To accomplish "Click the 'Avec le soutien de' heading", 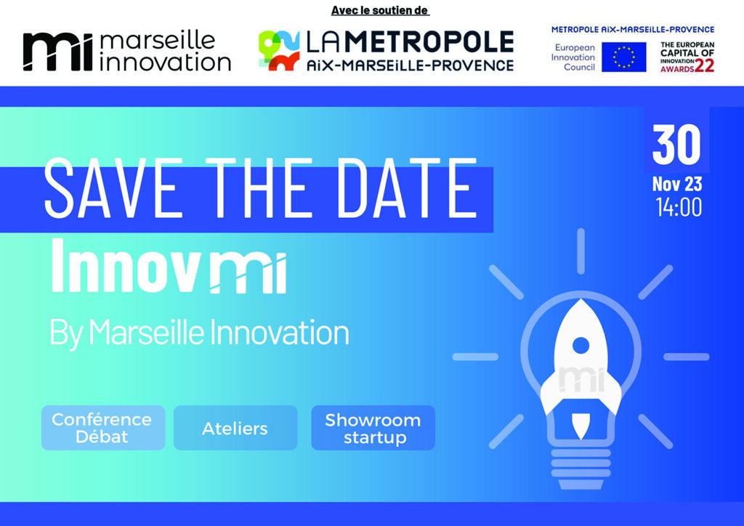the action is tap(380, 10).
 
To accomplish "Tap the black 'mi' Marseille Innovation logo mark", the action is tap(58, 52).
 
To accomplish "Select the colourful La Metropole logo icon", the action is tap(279, 50).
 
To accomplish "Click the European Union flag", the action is tap(623, 57).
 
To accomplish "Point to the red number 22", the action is tap(704, 66).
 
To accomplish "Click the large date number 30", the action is tap(676, 144).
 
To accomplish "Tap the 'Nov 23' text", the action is tap(677, 184).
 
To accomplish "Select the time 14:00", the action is tap(679, 207).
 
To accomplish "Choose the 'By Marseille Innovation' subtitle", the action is tap(199, 333).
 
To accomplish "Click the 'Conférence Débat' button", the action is tap(103, 428).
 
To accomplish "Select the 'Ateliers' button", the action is tap(235, 428).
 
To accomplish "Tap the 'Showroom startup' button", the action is tap(373, 428).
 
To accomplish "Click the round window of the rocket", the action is tap(581, 346).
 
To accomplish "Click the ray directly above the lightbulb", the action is tap(581, 251).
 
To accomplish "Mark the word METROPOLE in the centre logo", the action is tap(429, 42).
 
